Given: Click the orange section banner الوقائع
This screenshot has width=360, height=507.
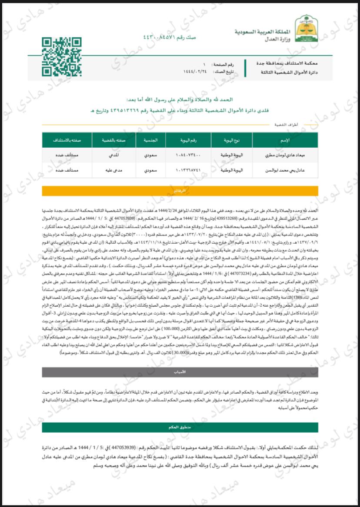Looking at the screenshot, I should click(x=180, y=191).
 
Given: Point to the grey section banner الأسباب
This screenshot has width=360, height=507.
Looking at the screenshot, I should click(x=180, y=372).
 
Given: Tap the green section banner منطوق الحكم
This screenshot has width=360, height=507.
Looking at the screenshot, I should click(x=180, y=427).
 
